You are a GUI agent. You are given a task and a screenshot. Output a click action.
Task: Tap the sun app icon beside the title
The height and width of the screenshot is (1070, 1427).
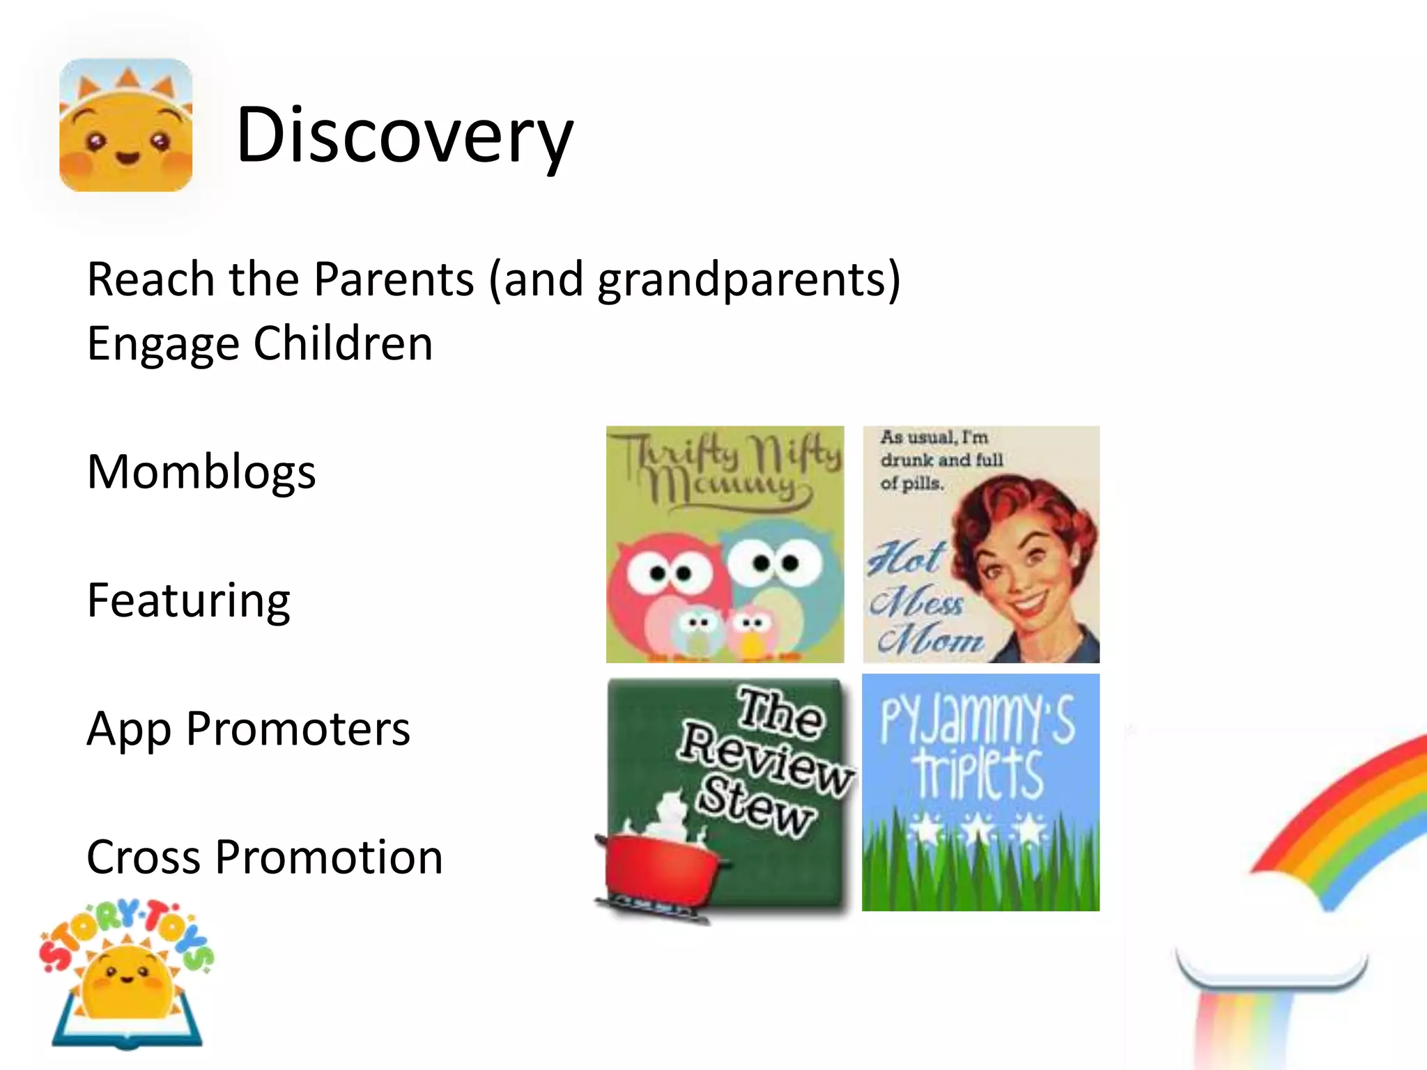[125, 125]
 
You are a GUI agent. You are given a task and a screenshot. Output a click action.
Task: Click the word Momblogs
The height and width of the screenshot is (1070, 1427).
[201, 472]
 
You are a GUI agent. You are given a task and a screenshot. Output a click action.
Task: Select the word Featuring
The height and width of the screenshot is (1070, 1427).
[188, 600]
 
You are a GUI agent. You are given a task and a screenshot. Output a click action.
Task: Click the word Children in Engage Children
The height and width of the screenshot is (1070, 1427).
[343, 343]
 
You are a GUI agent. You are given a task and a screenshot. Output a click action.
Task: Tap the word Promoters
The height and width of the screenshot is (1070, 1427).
[298, 729]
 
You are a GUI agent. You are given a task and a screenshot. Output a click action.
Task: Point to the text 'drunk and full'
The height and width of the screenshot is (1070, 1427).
[941, 460]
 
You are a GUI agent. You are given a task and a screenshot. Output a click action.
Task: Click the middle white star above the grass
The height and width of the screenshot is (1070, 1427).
[979, 829]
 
